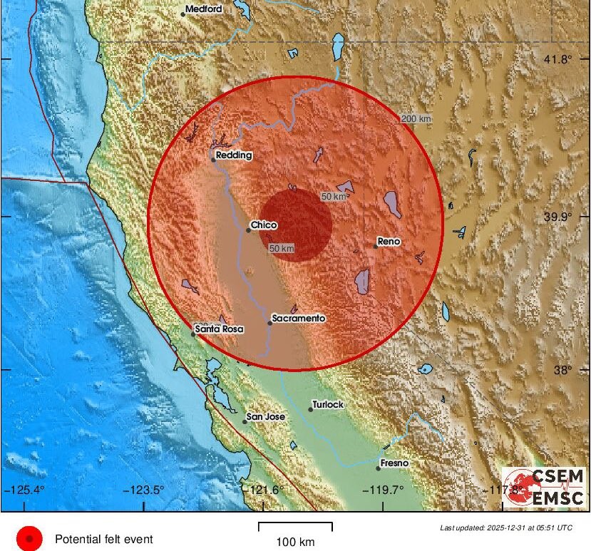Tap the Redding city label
pyautogui.click(x=235, y=155)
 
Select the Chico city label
pyautogui.click(x=264, y=225)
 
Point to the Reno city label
pyautogui.click(x=389, y=242)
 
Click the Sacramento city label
pyautogui.click(x=299, y=318)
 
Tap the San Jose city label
pyautogui.click(x=265, y=416)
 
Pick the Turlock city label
pyautogui.click(x=329, y=404)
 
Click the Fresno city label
pyautogui.click(x=394, y=463)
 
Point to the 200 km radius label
pyautogui.click(x=416, y=119)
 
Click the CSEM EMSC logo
pyautogui.click(x=544, y=487)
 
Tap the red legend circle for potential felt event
pyautogui.click(x=29, y=539)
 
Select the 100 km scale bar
pyautogui.click(x=294, y=527)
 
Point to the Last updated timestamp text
pyautogui.click(x=505, y=528)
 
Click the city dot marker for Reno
pyautogui.click(x=376, y=246)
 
